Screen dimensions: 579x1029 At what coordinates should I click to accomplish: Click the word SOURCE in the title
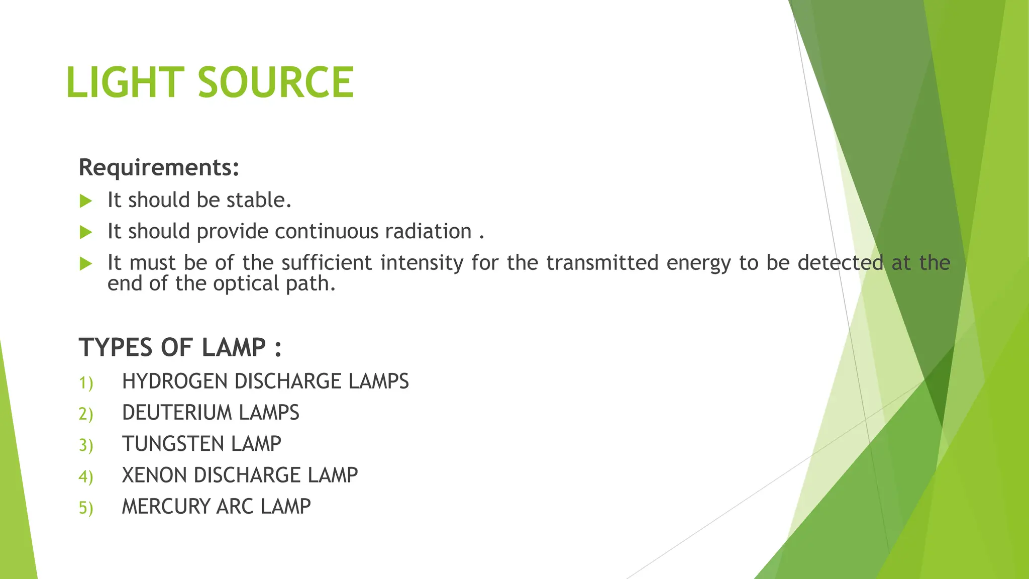coord(276,82)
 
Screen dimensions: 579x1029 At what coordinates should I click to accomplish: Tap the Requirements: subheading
coord(159,167)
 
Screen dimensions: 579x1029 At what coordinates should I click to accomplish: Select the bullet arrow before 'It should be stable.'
coord(86,201)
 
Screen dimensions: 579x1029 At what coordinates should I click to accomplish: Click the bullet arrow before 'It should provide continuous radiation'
coord(86,232)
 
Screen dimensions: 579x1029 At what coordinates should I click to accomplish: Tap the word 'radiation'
coord(428,231)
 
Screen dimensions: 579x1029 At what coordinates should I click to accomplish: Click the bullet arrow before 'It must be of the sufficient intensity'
coord(86,263)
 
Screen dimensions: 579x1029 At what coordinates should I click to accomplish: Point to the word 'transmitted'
coord(602,263)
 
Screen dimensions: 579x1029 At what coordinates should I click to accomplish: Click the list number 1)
coord(86,383)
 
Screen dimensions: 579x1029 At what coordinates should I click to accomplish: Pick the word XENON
coord(154,475)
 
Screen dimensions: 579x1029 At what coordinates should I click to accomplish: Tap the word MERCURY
coord(166,506)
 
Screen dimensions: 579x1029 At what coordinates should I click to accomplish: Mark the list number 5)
coord(86,508)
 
